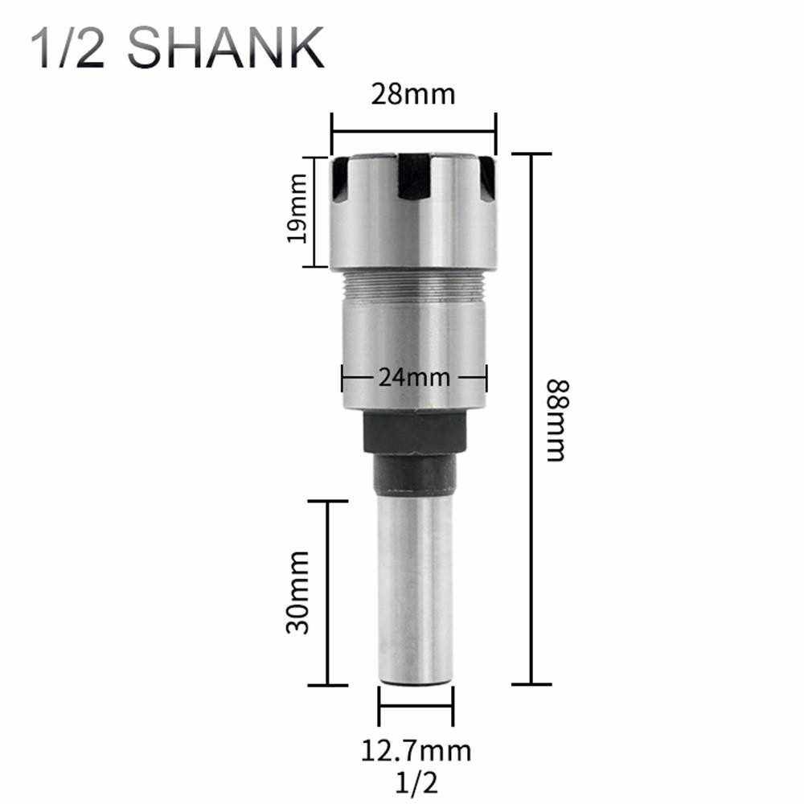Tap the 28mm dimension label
click(x=413, y=94)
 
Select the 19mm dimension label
click(x=297, y=208)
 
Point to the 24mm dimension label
click(x=414, y=378)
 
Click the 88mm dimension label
click(x=557, y=420)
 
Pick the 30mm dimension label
click(x=298, y=593)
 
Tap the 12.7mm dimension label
click(x=416, y=751)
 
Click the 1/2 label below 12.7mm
click(x=416, y=782)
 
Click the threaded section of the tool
click(x=414, y=285)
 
